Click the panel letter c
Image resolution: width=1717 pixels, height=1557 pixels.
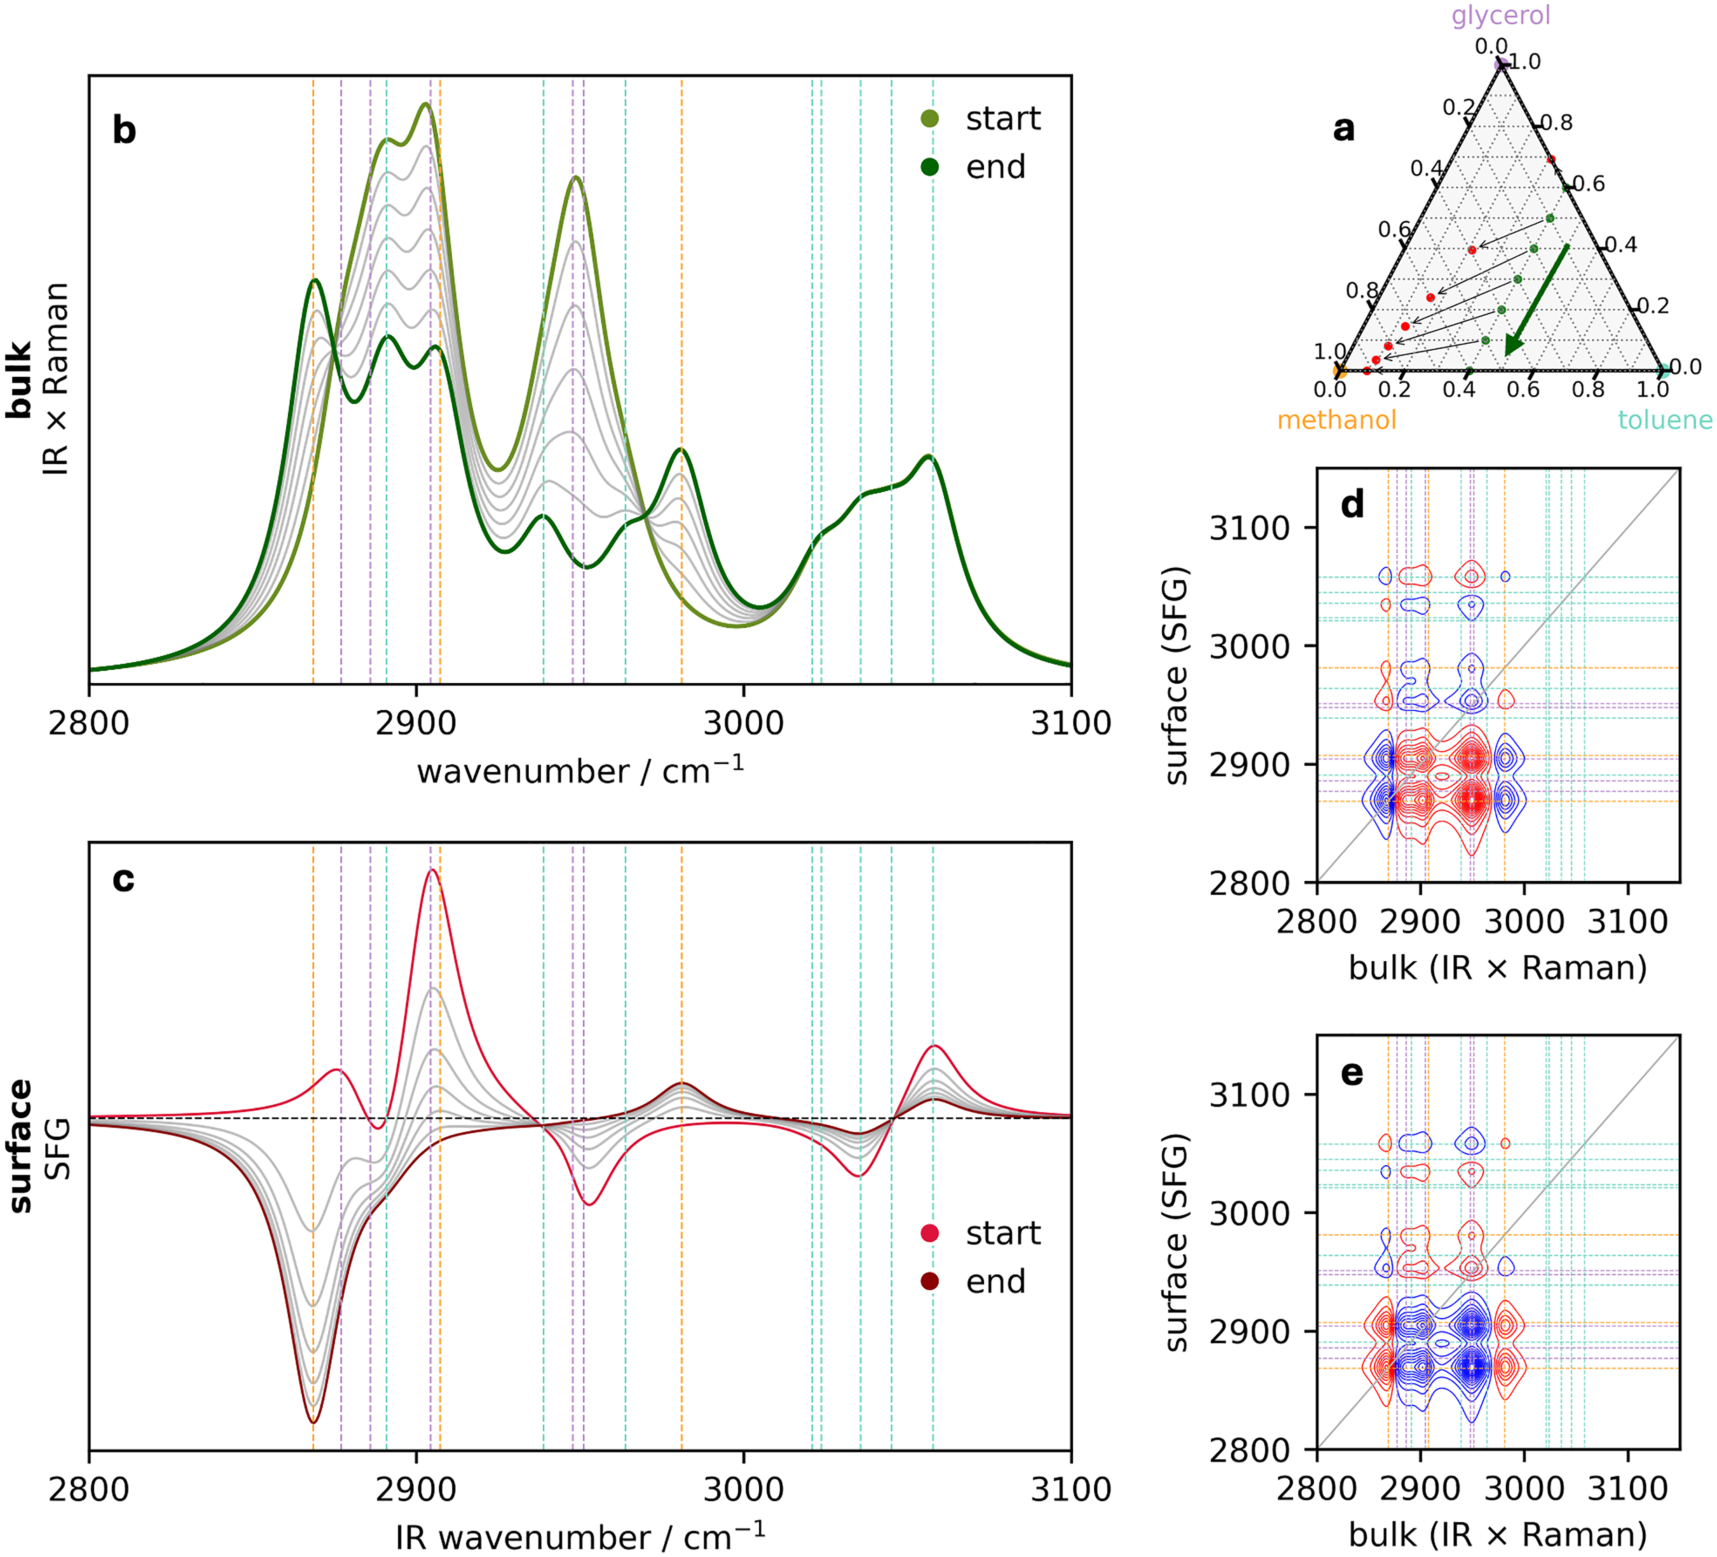click(x=123, y=880)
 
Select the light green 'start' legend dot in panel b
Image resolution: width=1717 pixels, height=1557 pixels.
click(x=930, y=119)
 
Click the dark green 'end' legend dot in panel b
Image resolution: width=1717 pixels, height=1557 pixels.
click(x=930, y=167)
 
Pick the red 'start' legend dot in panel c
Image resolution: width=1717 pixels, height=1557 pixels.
click(x=930, y=1233)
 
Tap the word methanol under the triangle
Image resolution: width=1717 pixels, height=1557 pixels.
click(x=1336, y=420)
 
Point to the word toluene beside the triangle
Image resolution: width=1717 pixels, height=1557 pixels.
click(x=1665, y=420)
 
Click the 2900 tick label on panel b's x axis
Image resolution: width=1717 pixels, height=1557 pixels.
click(x=416, y=723)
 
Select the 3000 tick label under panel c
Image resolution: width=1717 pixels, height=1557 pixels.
click(x=743, y=1490)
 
